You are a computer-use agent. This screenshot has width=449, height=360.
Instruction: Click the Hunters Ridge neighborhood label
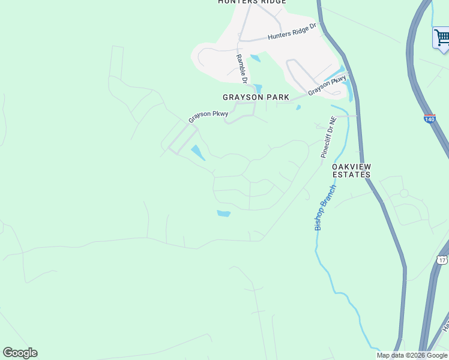pos(252,2)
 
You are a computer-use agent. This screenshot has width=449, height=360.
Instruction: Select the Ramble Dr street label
pos(241,68)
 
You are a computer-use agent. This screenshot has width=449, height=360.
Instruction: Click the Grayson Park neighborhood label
pos(256,97)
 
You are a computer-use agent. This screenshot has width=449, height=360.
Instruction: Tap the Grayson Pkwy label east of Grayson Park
pos(327,85)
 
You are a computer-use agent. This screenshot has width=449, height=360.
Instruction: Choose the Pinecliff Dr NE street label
pos(329,137)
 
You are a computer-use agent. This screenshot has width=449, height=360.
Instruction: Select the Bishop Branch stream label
pos(325,208)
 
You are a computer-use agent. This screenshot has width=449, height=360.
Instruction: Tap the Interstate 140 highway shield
pos(429,119)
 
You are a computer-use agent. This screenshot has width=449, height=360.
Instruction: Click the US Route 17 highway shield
pos(442,260)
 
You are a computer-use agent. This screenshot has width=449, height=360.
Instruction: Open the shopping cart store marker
pos(441,38)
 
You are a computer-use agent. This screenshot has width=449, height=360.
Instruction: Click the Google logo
pos(20,353)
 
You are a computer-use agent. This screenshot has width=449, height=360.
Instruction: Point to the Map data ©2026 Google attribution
pos(412,355)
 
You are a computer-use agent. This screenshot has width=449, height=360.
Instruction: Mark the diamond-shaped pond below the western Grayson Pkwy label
pos(197,152)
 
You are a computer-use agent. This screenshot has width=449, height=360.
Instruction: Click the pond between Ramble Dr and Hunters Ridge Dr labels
pos(255,58)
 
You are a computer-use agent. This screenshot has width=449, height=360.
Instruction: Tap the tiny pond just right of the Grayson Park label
pos(298,108)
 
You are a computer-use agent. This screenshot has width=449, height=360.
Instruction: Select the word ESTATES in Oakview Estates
pos(351,175)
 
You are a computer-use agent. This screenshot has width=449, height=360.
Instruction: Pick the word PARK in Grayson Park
pos(279,97)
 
